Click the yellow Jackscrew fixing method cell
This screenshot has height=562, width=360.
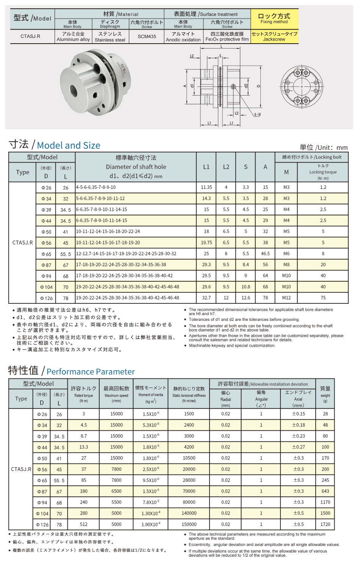(x=274, y=36)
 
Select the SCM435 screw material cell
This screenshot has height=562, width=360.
(x=147, y=37)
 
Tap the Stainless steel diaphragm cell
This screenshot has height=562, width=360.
(x=110, y=37)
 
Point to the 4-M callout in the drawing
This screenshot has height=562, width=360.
(x=257, y=114)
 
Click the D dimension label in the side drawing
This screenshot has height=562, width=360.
(x=259, y=86)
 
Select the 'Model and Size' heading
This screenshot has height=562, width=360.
(x=69, y=146)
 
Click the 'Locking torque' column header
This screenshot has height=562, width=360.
(x=323, y=172)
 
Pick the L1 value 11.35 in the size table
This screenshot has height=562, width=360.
(x=207, y=187)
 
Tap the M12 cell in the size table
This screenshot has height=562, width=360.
(x=286, y=298)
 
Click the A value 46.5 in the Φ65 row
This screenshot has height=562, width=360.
(x=265, y=254)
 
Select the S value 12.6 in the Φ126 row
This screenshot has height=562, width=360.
(x=246, y=298)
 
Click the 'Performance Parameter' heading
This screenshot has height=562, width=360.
(x=91, y=372)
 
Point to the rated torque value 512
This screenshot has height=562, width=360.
(x=84, y=524)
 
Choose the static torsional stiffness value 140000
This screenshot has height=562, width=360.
(x=189, y=513)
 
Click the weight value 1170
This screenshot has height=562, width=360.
(x=325, y=502)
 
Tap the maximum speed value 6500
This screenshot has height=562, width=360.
(x=116, y=491)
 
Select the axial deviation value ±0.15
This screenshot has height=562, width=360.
(x=298, y=414)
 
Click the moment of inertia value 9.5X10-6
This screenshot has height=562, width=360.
(x=151, y=480)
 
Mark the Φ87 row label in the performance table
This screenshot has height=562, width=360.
(x=42, y=491)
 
